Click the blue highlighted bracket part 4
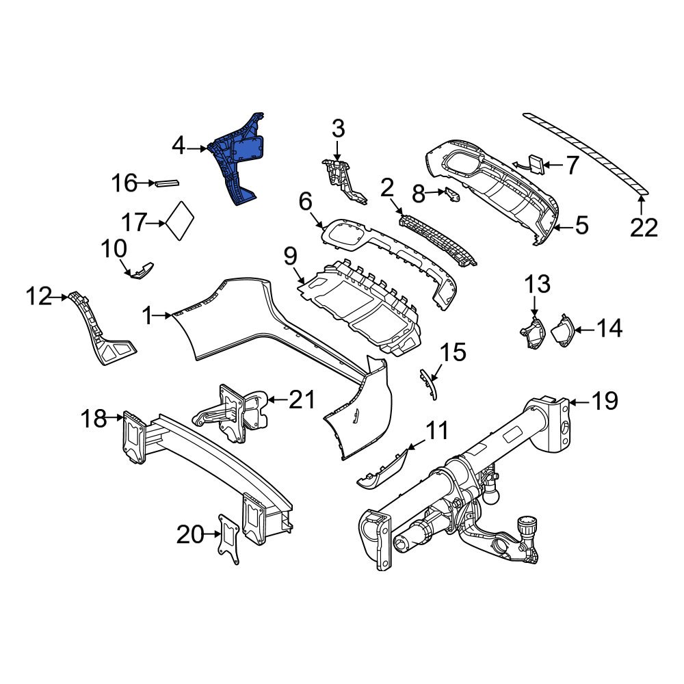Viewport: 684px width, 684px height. (x=236, y=161)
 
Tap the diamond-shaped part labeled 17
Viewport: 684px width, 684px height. (x=180, y=220)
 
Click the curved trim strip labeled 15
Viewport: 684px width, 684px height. (x=428, y=382)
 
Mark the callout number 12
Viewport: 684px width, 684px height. (x=40, y=297)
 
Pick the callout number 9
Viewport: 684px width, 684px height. (x=290, y=257)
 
